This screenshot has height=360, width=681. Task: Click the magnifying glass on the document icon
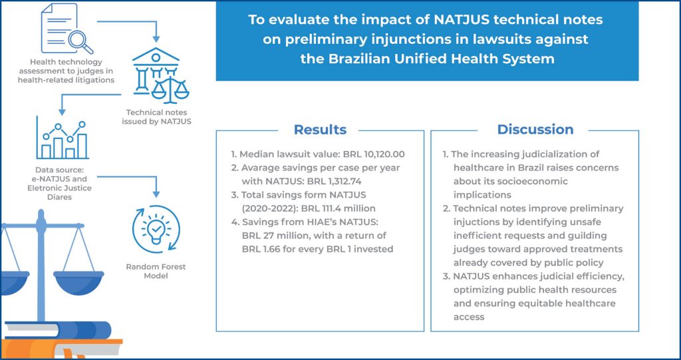pos(80,42)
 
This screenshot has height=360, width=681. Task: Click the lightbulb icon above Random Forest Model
pos(156,229)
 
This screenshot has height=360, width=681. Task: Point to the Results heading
pos(320,130)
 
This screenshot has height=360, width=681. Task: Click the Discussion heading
pos(535,130)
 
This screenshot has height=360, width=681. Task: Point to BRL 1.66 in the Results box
pos(260,249)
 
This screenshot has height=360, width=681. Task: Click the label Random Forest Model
pos(156,271)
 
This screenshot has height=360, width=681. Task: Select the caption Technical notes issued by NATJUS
pos(156,117)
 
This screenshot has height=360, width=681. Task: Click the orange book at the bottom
pos(61,348)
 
